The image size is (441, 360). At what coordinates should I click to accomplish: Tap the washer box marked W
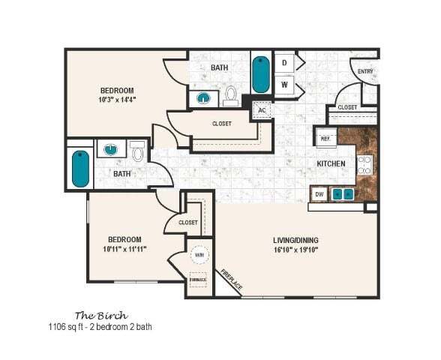[284, 85]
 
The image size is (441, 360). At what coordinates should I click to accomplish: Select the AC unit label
[262, 109]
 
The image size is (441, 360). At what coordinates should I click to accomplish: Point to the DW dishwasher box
[319, 194]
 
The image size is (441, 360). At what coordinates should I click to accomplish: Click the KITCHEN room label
[331, 163]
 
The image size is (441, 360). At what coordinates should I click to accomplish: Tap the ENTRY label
[365, 72]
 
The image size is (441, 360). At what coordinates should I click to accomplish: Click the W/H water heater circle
[199, 255]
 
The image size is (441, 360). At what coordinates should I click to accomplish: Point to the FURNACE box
[198, 280]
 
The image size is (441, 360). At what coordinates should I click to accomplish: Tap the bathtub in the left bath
[80, 169]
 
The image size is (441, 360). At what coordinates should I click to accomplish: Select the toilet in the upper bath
[230, 95]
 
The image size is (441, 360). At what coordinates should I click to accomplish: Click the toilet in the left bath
[137, 153]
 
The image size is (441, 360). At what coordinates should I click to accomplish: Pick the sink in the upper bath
[203, 97]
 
